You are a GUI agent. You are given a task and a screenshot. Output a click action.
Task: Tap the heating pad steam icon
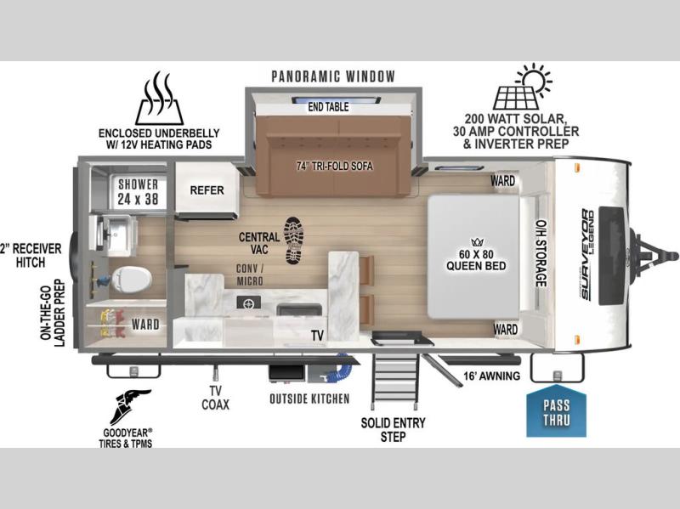pyautogui.click(x=159, y=98)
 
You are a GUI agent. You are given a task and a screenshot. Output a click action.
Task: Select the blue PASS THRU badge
pyautogui.click(x=556, y=410)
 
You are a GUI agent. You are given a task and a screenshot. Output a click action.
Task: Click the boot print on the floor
pyautogui.click(x=294, y=240)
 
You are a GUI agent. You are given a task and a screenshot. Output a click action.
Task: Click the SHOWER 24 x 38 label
pyautogui.click(x=139, y=191)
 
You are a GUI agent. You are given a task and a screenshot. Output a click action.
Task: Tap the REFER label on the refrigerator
pyautogui.click(x=207, y=189)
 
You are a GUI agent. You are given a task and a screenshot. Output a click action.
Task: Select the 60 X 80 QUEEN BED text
pyautogui.click(x=476, y=260)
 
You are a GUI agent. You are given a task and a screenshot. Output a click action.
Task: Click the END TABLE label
pyautogui.click(x=328, y=107)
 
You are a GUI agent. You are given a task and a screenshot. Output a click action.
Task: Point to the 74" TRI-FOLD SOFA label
pyautogui.click(x=334, y=166)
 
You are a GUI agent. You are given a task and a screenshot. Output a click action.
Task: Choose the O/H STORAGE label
pyautogui.click(x=541, y=253)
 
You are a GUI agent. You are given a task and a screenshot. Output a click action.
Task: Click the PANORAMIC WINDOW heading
pyautogui.click(x=333, y=76)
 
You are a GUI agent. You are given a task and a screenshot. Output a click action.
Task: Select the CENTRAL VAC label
pyautogui.click(x=259, y=243)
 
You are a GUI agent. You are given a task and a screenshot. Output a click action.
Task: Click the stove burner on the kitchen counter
pyautogui.click(x=249, y=303)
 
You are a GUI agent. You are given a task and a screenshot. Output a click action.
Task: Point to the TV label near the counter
pyautogui.click(x=317, y=336)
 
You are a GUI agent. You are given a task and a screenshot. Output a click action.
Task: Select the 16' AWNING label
pyautogui.click(x=491, y=376)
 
